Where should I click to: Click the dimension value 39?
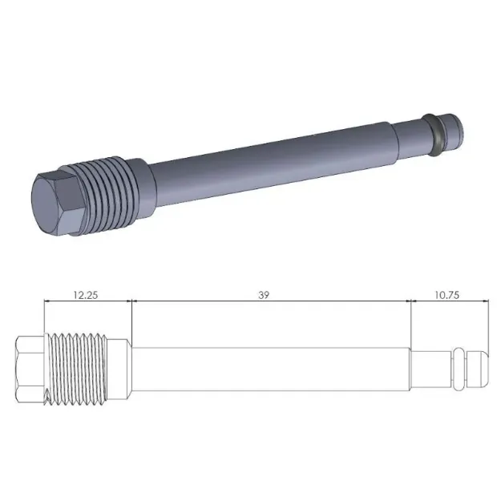(264, 294)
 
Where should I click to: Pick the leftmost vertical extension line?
(44, 317)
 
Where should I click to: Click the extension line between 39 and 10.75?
(410, 321)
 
